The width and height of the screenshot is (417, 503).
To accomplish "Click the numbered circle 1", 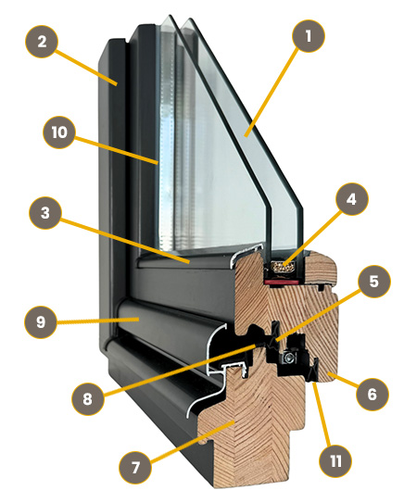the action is coord(309,35).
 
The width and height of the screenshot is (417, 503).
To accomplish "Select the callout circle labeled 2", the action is coord(42,42).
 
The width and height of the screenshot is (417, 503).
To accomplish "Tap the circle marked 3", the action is coord(45,212).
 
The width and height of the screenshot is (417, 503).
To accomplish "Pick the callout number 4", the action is coord(352,199).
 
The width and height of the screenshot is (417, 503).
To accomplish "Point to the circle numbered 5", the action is coord(374,281).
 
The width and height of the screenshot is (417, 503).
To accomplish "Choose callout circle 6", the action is coord(373,394).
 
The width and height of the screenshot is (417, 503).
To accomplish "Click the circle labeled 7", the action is coord(135,467).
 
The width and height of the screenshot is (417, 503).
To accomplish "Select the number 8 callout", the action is coord(88,399).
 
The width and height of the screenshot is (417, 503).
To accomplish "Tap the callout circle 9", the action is coord(41,321).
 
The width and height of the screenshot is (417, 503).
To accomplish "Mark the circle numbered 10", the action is coord(59,132).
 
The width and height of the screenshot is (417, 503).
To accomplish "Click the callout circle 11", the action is coord(335,461).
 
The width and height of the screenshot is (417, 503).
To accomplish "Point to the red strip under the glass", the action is coord(283,282).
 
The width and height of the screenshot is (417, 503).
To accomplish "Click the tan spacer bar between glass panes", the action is coord(284,266).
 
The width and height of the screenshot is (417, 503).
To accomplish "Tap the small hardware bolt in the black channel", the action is coord(289,357).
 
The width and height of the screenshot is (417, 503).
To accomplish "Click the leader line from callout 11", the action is coord(322,414).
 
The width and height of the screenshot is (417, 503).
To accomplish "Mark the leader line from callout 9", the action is coord(98,320).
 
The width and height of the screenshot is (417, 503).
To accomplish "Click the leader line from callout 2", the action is coord(86,68).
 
